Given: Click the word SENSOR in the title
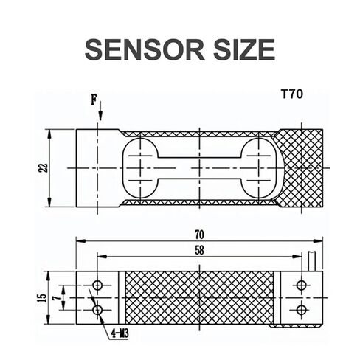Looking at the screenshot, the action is click(x=145, y=49).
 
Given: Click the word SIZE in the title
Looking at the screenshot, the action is click(x=244, y=49).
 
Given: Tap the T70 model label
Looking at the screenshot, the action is click(x=292, y=94).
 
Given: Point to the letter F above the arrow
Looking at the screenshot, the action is click(x=94, y=100).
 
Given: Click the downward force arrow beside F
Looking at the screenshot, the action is click(x=100, y=111).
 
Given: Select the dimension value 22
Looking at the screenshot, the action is click(x=43, y=168).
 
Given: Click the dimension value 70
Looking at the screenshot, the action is click(x=199, y=235).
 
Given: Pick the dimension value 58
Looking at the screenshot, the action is click(x=199, y=250).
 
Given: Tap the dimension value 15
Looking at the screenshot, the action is click(x=42, y=298).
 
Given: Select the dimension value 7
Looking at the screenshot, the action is click(x=57, y=298).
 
